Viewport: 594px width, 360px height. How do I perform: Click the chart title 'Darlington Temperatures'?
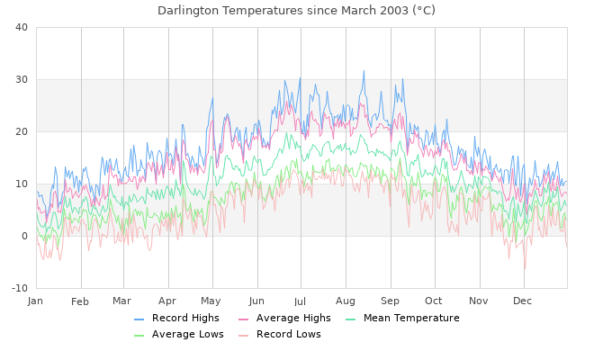click(x=296, y=11)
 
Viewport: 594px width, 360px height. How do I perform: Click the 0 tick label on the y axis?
click(x=25, y=236)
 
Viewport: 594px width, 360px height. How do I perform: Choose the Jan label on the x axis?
click(x=36, y=301)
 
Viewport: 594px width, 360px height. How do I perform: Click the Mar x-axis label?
click(x=122, y=301)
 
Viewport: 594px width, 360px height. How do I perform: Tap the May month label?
click(x=211, y=301)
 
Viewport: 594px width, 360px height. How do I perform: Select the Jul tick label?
click(x=300, y=301)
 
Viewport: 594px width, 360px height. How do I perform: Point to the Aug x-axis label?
click(x=345, y=301)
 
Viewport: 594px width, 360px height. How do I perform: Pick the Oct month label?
click(x=434, y=301)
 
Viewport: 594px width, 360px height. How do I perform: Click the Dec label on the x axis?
click(x=523, y=301)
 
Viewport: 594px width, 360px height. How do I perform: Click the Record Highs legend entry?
click(x=185, y=319)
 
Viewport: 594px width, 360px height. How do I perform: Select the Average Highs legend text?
click(x=293, y=319)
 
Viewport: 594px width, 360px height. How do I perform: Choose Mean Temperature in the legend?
click(x=411, y=319)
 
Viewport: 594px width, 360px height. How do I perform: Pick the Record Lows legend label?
click(x=288, y=335)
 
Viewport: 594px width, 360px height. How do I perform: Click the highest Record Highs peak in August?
click(x=364, y=70)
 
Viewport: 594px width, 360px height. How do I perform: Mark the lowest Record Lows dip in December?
click(x=525, y=268)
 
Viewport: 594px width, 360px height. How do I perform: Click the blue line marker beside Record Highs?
click(x=139, y=319)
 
